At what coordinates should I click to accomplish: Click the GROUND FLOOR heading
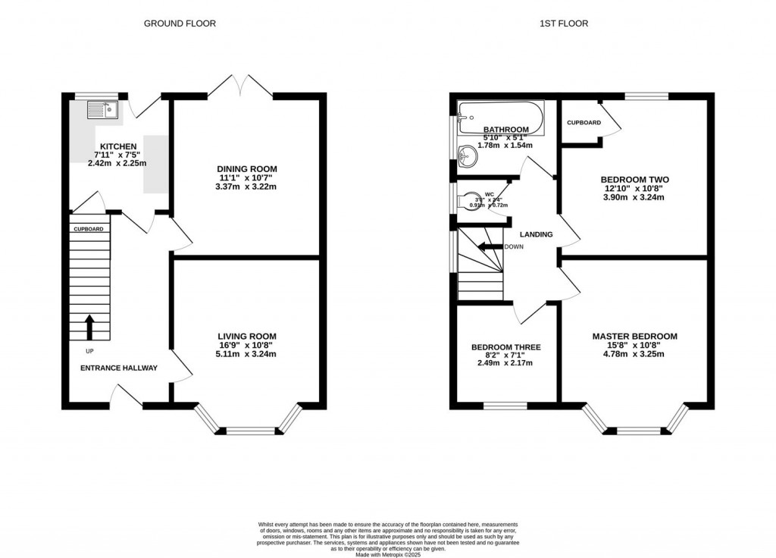(180, 24)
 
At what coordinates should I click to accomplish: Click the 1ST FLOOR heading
(563, 24)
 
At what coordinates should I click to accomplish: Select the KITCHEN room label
(117, 146)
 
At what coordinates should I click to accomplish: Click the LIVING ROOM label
(247, 336)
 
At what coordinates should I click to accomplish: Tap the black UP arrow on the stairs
(89, 327)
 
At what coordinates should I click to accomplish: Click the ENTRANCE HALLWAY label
(119, 368)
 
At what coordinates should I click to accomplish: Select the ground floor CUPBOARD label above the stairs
(89, 228)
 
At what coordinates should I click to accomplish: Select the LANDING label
(536, 234)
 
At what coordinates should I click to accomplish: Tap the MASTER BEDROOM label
(634, 336)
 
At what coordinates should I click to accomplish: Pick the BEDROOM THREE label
(505, 347)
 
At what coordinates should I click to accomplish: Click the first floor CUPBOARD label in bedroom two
(584, 122)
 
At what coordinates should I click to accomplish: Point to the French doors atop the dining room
(240, 86)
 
